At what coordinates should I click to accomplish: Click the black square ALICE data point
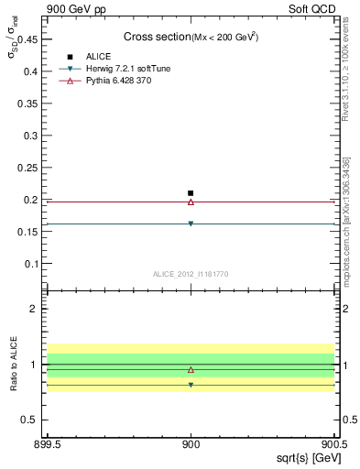click(x=191, y=193)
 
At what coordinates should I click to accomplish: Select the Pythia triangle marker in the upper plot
click(x=191, y=202)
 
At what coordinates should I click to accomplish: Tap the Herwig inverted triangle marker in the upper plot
click(x=191, y=224)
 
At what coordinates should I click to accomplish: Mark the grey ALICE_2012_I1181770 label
click(x=191, y=274)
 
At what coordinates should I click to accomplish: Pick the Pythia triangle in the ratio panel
click(x=191, y=369)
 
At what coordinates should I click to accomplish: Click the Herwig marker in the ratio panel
click(x=191, y=385)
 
